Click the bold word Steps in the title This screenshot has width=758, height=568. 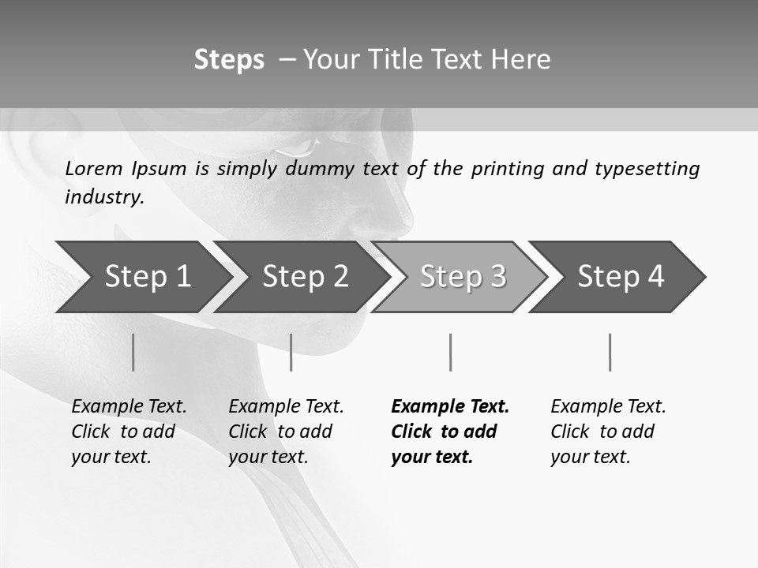click(229, 60)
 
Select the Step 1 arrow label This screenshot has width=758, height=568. click(148, 276)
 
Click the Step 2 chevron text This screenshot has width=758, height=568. click(306, 276)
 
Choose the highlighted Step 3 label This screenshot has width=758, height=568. click(463, 276)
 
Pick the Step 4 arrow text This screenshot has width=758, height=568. click(621, 276)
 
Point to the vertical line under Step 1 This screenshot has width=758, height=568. click(133, 352)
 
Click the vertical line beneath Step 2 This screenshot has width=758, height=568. click(291, 352)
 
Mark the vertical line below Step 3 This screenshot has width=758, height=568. click(450, 352)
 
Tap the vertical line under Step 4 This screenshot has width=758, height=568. click(610, 352)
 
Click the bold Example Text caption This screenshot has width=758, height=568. click(450, 406)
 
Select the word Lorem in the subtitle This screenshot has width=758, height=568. click(95, 168)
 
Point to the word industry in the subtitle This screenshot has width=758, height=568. click(104, 196)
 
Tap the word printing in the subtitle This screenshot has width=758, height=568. click(508, 168)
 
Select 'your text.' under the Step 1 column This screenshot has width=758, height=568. click(111, 457)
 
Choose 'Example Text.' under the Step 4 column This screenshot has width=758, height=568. click(608, 406)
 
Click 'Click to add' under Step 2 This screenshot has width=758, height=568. click(280, 432)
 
